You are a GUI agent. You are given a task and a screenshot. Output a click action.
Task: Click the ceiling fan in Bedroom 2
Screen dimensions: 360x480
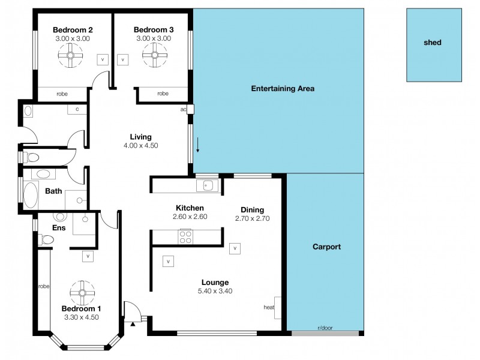click(70, 58)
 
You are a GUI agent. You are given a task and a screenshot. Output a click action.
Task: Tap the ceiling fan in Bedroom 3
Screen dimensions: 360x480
click(154, 58)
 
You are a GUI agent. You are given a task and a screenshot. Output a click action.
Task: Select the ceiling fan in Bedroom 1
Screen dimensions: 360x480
click(82, 292)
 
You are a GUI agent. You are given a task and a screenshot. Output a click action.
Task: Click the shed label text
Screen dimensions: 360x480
click(433, 43)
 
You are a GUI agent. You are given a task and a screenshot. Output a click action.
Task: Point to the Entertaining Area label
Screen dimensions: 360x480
click(282, 89)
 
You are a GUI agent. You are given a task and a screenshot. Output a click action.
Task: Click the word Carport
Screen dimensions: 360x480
click(327, 247)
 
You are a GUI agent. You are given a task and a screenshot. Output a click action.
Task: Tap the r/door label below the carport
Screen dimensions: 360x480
click(325, 328)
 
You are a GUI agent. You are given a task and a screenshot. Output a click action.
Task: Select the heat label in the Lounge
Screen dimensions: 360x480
click(268, 307)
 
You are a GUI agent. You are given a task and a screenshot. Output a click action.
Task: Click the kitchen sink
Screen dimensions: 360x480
click(208, 185)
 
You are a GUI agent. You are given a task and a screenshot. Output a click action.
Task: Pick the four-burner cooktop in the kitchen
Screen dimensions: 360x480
click(185, 237)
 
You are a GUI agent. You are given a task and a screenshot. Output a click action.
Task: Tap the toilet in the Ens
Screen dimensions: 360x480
click(47, 240)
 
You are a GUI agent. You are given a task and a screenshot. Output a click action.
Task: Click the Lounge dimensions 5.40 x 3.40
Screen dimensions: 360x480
click(215, 291)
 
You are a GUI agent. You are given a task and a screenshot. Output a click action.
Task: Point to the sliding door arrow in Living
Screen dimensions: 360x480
click(197, 145)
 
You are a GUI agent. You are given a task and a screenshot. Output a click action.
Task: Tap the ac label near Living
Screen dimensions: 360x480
click(183, 110)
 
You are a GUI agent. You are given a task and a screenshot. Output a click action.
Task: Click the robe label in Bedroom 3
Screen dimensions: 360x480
click(163, 94)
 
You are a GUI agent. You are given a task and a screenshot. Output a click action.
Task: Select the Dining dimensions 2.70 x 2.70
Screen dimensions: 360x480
click(252, 218)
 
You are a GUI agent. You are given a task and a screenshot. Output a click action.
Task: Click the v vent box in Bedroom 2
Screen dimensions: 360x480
click(103, 60)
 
